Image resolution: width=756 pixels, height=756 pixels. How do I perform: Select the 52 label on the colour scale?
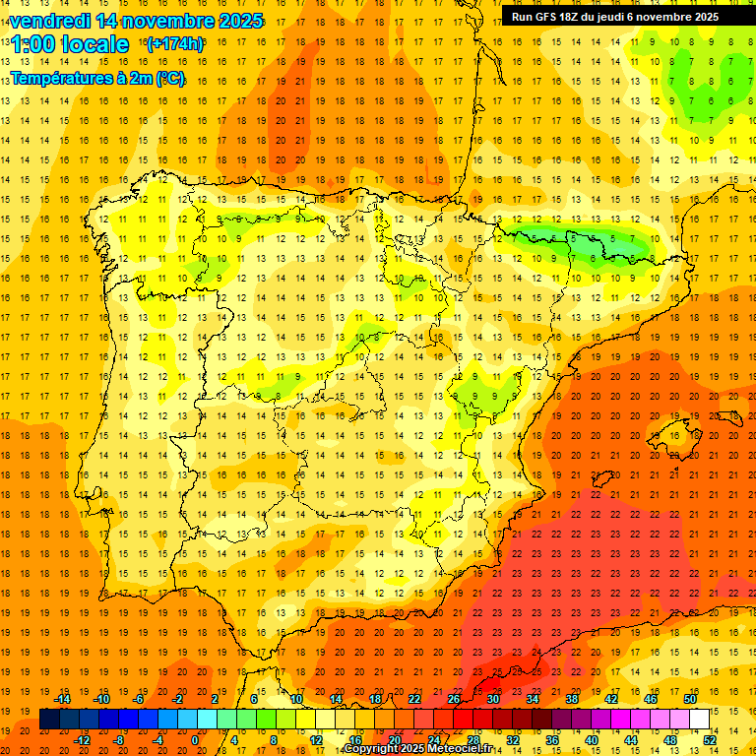pos(710,740)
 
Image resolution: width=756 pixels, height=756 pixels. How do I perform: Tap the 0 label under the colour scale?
pos(195,740)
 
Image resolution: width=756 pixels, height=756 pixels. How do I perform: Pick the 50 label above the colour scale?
pos(689,699)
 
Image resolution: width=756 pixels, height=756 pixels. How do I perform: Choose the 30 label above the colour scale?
pos(492,699)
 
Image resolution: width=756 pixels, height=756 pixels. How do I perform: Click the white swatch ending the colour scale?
pos(699,720)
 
